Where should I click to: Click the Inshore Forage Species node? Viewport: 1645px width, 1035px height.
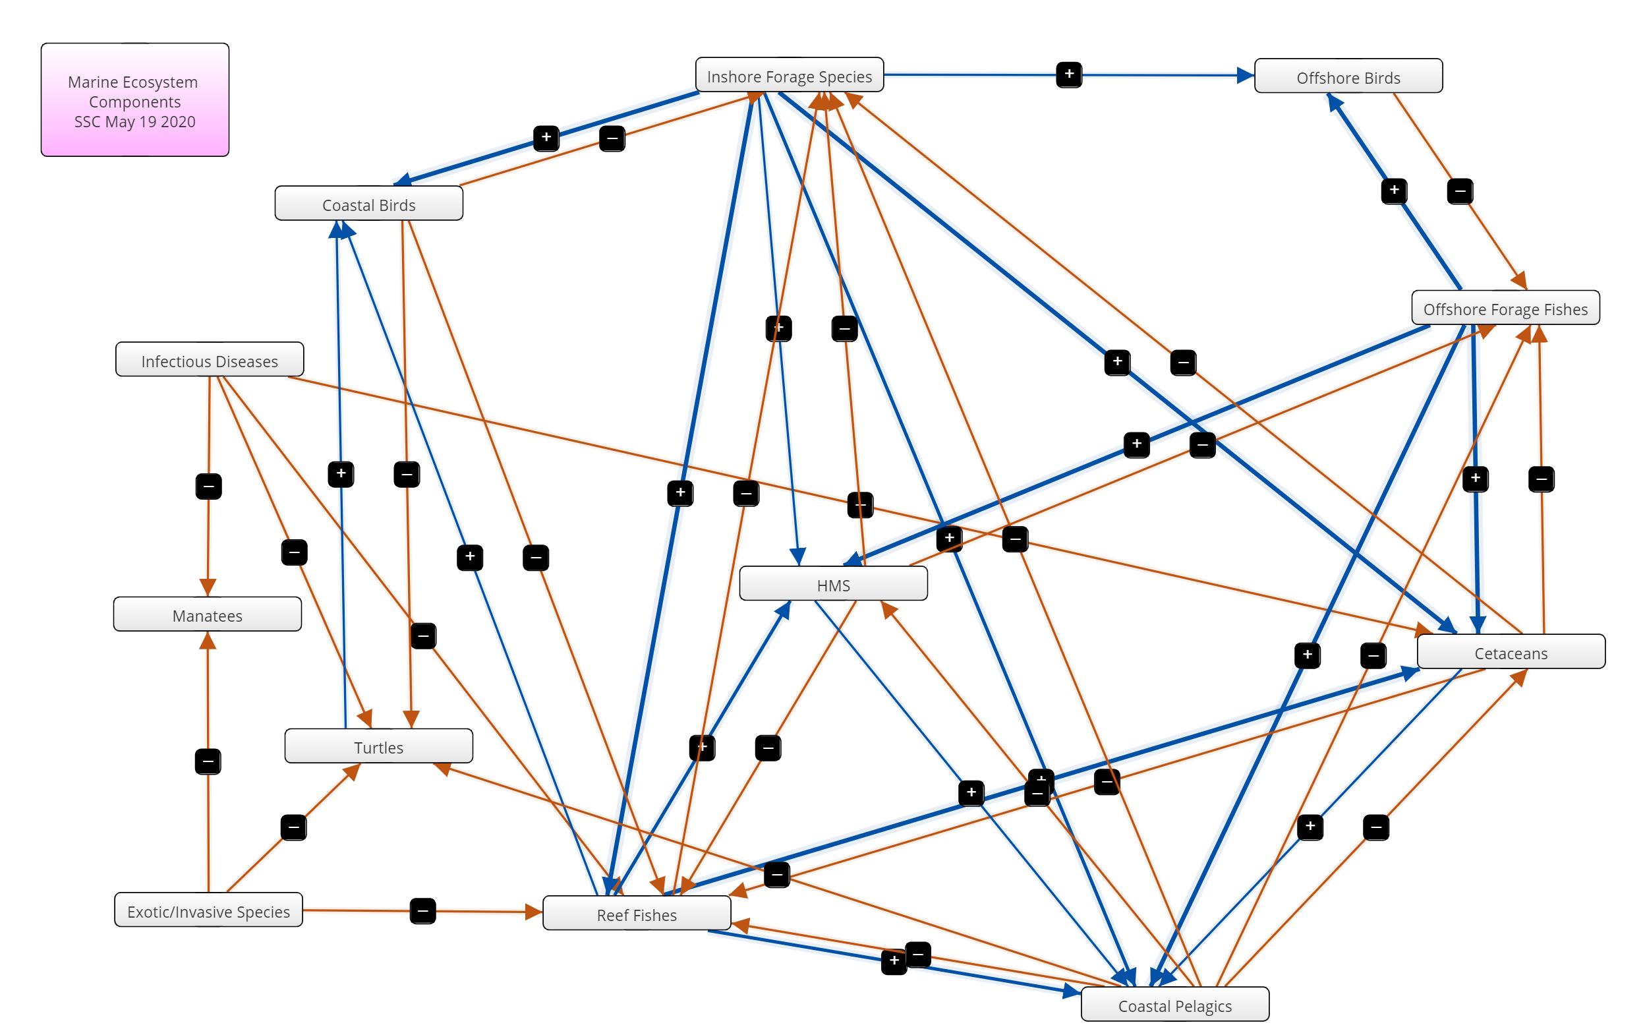click(x=789, y=75)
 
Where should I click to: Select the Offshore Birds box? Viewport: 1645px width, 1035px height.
click(x=1348, y=76)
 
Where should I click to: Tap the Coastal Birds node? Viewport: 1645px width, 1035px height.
click(x=369, y=204)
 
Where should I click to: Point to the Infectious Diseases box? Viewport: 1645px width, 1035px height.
click(x=209, y=360)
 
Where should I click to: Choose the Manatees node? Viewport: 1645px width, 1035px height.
click(x=207, y=615)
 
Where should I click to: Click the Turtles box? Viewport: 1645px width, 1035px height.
click(x=378, y=747)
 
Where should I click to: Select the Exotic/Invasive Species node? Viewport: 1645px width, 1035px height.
click(x=208, y=910)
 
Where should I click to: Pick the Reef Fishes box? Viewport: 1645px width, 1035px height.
click(x=636, y=914)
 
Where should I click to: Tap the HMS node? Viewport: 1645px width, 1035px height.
click(x=833, y=585)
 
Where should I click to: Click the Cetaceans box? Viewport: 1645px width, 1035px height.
click(x=1511, y=653)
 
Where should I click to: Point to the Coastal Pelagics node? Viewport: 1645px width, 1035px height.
click(x=1174, y=1005)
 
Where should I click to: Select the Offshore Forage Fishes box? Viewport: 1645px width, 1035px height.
click(x=1505, y=309)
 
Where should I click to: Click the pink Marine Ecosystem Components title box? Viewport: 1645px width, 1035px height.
click(x=134, y=100)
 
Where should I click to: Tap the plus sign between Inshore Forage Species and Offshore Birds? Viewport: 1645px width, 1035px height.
click(x=1068, y=74)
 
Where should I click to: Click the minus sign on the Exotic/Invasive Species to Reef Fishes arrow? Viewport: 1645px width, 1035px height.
click(x=423, y=910)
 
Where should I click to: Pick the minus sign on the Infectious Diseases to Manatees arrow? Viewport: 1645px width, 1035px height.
click(x=208, y=487)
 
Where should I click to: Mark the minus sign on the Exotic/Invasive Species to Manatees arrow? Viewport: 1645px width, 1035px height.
click(x=208, y=761)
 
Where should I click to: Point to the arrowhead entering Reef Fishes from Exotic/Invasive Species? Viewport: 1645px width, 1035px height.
click(x=534, y=911)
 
